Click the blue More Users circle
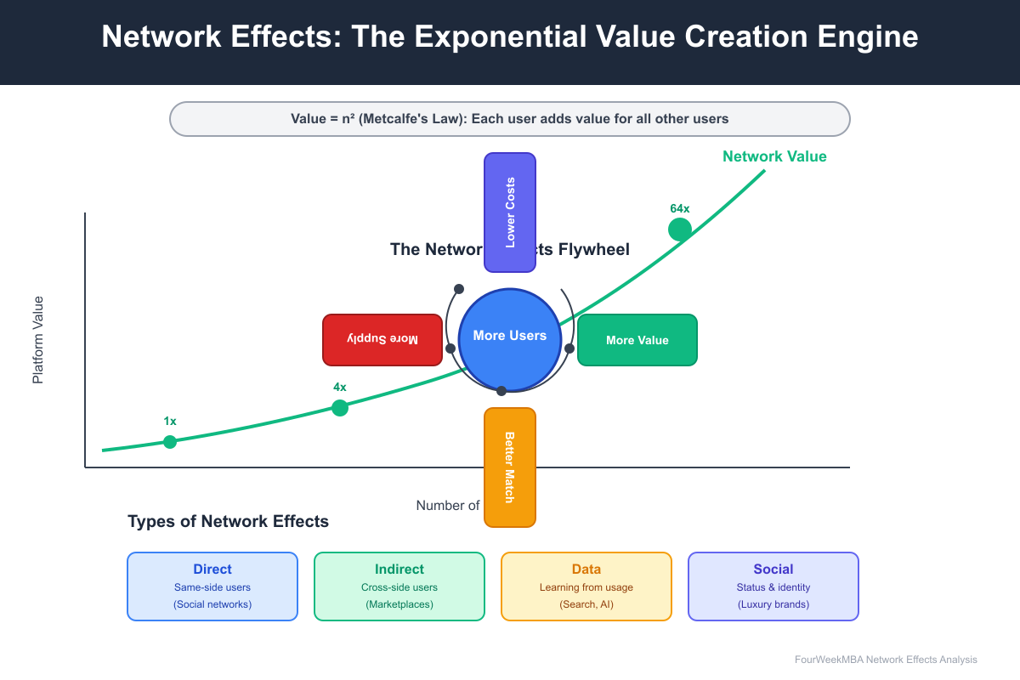[x=510, y=340]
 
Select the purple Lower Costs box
[x=510, y=212]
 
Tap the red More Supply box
[x=382, y=340]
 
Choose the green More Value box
[x=637, y=340]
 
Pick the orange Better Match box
[x=510, y=467]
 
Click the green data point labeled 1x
[x=170, y=441]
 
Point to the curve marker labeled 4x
[x=340, y=408]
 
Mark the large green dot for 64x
[x=680, y=229]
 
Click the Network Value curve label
[x=774, y=156]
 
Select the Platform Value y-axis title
[x=38, y=340]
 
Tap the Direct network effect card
[x=212, y=586]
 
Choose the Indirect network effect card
[x=399, y=586]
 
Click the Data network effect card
[x=586, y=586]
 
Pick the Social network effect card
[x=773, y=586]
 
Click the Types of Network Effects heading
[x=228, y=522]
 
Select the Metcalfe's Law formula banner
[x=510, y=119]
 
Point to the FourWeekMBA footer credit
[x=886, y=660]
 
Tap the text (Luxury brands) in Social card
[x=773, y=604]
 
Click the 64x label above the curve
[x=680, y=208]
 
